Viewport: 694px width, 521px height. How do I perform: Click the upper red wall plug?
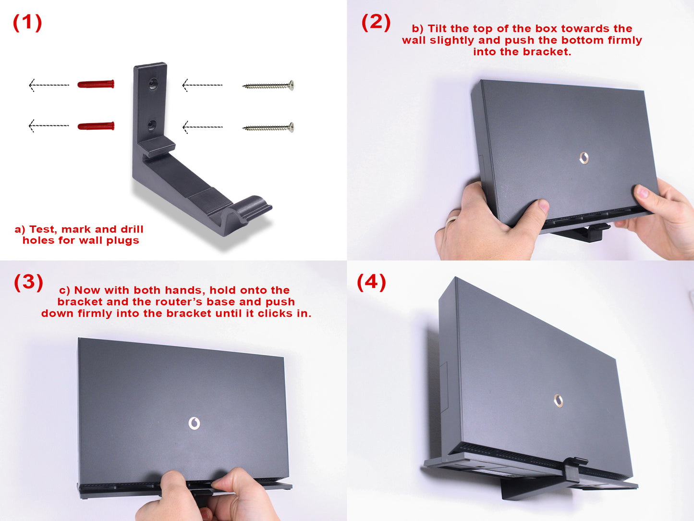click(x=96, y=84)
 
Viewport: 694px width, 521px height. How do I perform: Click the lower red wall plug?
click(x=96, y=126)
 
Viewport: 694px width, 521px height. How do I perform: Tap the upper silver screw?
click(x=268, y=86)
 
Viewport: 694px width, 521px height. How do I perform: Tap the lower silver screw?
click(x=268, y=127)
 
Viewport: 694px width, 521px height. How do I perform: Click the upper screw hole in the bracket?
click(x=153, y=84)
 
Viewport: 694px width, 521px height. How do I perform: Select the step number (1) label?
click(x=27, y=23)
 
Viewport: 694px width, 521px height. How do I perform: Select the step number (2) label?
click(x=376, y=23)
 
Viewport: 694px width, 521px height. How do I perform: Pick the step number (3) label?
click(x=28, y=282)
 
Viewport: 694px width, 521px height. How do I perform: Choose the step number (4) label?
click(x=372, y=282)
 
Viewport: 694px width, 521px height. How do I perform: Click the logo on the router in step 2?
click(x=584, y=158)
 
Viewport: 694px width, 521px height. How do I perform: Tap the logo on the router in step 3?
click(x=194, y=423)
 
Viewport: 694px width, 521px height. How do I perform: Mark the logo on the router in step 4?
click(x=559, y=401)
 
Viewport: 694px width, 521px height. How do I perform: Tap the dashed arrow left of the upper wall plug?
click(x=49, y=85)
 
